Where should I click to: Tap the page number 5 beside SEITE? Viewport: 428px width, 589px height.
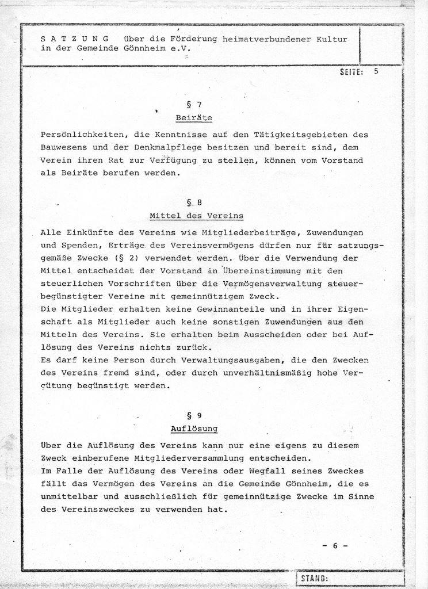(x=376, y=72)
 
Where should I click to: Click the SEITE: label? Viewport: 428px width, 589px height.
(x=352, y=72)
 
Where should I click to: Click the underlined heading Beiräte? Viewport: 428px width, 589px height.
(x=194, y=118)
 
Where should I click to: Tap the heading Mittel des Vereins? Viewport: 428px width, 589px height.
(x=196, y=216)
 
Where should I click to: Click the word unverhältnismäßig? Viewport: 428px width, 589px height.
(x=265, y=373)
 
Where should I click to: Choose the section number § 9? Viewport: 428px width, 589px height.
(x=193, y=415)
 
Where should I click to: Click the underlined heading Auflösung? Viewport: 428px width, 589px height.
(x=193, y=429)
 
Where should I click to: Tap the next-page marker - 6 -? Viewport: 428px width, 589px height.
(x=334, y=546)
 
